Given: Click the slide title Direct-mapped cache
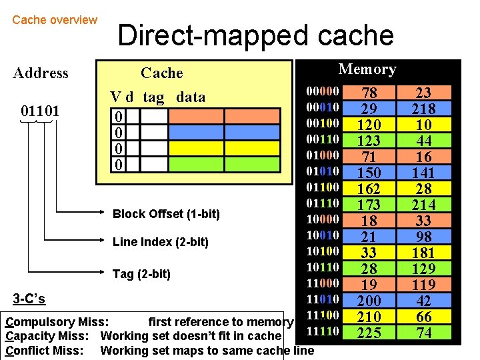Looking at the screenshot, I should click(255, 35).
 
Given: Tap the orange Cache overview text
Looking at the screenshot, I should click(55, 20).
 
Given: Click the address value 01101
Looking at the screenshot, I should click(40, 109).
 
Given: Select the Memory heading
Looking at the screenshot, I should click(367, 69).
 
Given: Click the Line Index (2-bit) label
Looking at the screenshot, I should click(161, 242).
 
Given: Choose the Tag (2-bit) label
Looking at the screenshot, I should click(141, 274).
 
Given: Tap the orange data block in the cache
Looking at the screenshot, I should click(224, 116).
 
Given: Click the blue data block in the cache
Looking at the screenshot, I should click(224, 132).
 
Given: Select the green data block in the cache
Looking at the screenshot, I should click(224, 164).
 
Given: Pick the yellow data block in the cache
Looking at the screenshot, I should click(224, 148).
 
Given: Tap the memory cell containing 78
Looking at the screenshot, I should click(369, 93).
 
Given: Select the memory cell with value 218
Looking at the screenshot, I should click(423, 109).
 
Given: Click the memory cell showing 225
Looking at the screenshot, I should click(369, 332).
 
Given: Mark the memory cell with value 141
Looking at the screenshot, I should click(423, 173).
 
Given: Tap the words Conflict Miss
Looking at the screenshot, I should click(44, 350).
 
